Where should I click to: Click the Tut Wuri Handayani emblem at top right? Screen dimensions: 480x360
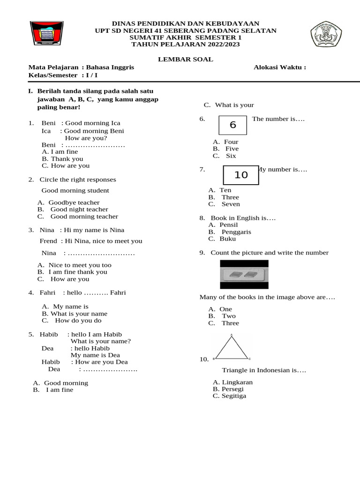(326, 35)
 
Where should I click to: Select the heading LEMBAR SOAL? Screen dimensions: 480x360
(185, 60)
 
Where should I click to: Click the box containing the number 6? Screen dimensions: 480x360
(233, 125)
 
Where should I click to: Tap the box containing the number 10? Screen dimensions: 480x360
(241, 175)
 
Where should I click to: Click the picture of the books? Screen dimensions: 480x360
(244, 274)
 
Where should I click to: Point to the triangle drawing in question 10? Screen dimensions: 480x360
(232, 347)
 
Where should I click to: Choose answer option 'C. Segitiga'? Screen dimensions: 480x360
(229, 396)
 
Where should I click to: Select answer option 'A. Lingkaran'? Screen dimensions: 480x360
(232, 382)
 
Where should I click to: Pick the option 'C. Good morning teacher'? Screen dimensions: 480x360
(78, 217)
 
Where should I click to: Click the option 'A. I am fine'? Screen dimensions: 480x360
(60, 152)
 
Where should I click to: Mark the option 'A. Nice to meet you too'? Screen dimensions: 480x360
(75, 265)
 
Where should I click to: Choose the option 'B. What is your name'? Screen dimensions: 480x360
(75, 314)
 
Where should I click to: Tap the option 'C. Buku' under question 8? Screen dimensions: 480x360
(222, 239)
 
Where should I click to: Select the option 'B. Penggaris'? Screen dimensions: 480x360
(230, 232)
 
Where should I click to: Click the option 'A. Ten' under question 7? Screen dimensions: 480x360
(220, 190)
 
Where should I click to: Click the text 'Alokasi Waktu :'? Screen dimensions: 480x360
(280, 67)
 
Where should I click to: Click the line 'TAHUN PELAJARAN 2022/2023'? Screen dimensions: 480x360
(185, 45)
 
